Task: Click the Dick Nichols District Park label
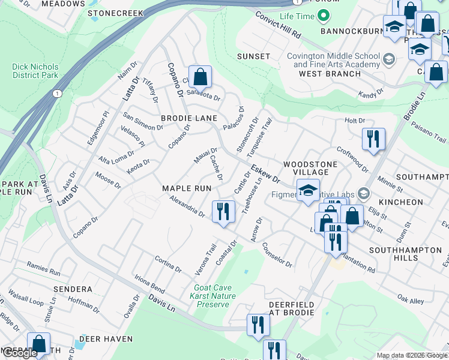click(35, 71)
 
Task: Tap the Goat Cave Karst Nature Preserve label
click(213, 296)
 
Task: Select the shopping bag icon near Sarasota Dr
click(200, 77)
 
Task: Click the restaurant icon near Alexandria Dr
click(223, 211)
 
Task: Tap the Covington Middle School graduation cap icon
click(389, 59)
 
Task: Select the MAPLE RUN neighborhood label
click(187, 188)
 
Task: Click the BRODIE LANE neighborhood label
click(188, 118)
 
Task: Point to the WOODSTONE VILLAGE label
click(307, 167)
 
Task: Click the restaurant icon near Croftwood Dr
click(373, 139)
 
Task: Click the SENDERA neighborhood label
click(73, 289)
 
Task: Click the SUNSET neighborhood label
click(253, 56)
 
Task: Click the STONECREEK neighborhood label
click(115, 13)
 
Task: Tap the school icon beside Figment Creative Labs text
click(363, 193)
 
